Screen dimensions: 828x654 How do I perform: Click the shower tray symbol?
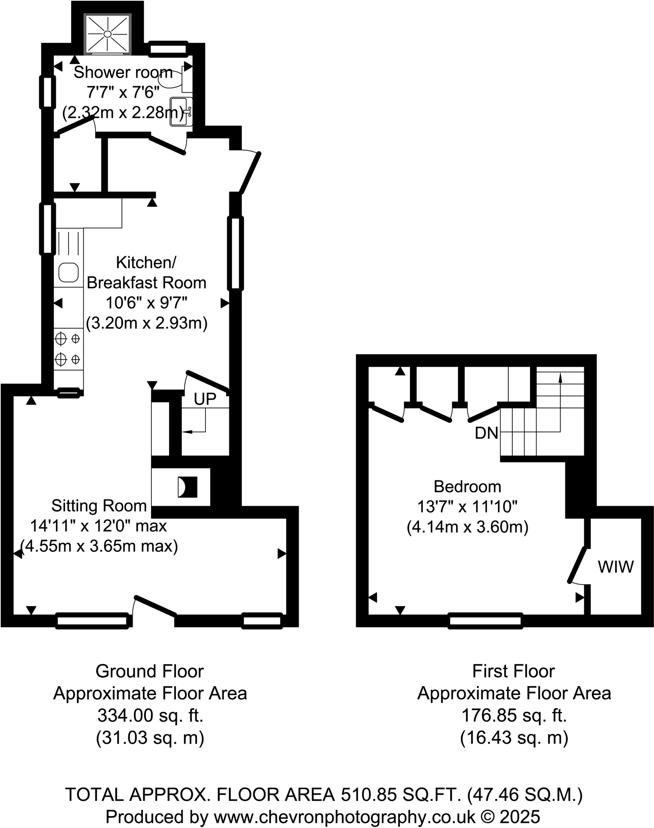pyautogui.click(x=107, y=34)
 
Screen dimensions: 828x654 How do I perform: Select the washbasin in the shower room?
pyautogui.click(x=180, y=112)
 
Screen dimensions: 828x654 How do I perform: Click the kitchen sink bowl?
pyautogui.click(x=68, y=272)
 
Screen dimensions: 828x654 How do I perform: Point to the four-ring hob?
pyautogui.click(x=68, y=349)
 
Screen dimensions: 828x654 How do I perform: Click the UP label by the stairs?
pyautogui.click(x=205, y=399)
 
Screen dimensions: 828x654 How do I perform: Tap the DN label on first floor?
pyautogui.click(x=486, y=433)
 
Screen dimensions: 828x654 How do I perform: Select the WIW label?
pyautogui.click(x=616, y=567)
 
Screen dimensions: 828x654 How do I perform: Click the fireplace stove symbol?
pyautogui.click(x=187, y=487)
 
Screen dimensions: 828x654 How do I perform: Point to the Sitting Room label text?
pyautogui.click(x=99, y=506)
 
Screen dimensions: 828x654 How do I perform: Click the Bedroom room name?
pyautogui.click(x=467, y=486)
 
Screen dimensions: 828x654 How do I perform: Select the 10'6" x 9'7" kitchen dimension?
pyautogui.click(x=147, y=303)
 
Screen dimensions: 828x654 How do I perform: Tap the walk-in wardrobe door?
pyautogui.click(x=578, y=565)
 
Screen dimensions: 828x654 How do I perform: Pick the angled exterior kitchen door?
pyautogui.click(x=250, y=173)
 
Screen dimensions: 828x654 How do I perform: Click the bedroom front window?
pyautogui.click(x=485, y=621)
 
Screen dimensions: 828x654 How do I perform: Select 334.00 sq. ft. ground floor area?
pyautogui.click(x=150, y=716)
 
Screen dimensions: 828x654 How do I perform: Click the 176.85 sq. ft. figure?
pyautogui.click(x=514, y=716)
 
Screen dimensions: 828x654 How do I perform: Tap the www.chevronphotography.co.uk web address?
pyautogui.click(x=344, y=817)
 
